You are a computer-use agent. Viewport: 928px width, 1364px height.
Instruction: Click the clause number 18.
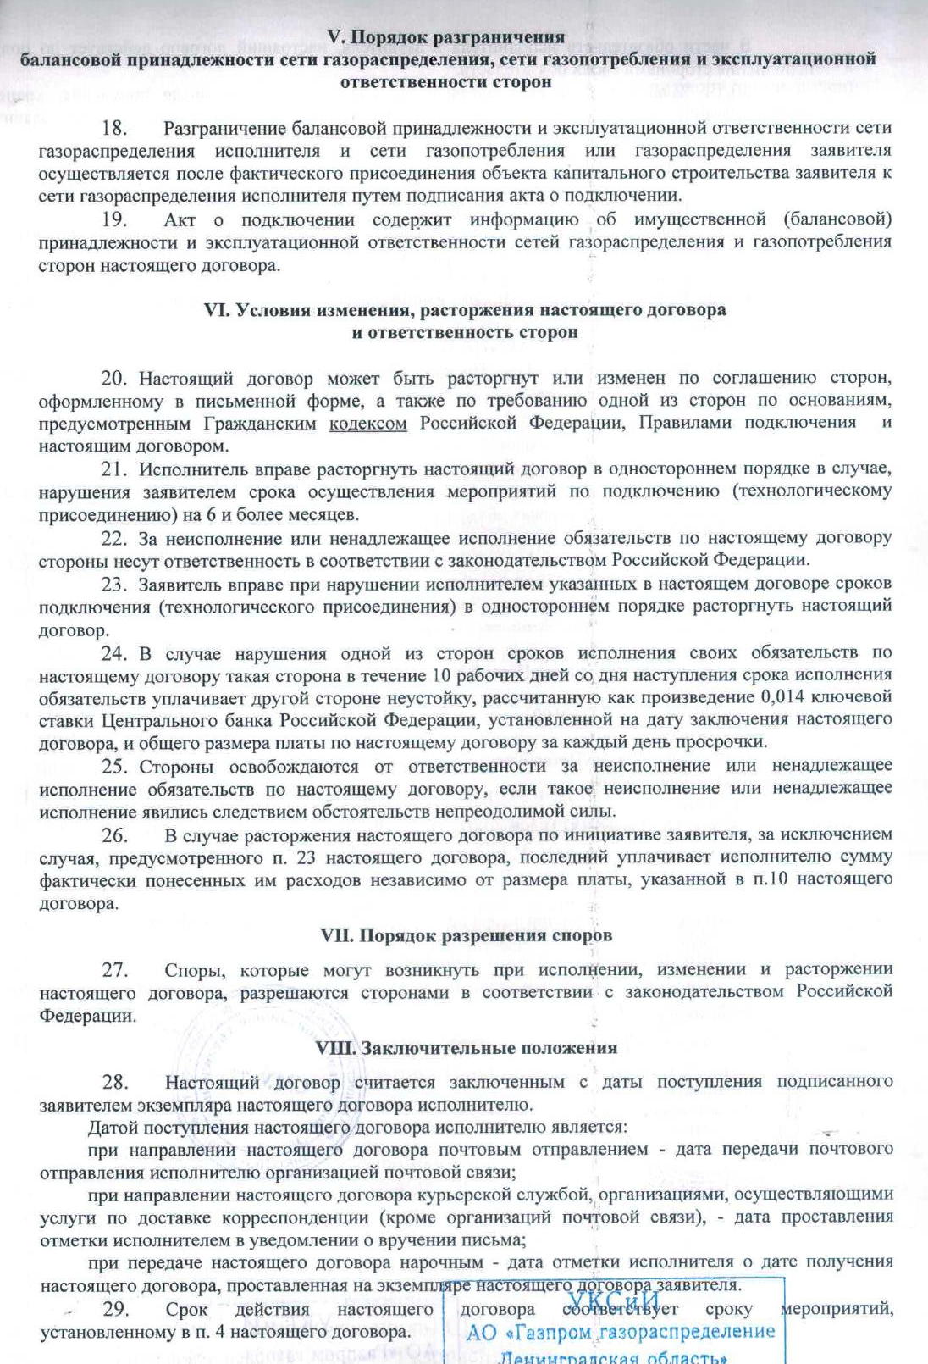click(x=114, y=129)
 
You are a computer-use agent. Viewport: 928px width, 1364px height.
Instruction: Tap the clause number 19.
click(x=114, y=220)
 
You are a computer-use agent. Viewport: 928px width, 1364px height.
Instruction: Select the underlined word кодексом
click(x=367, y=423)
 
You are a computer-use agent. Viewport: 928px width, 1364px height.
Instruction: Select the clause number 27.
click(x=114, y=970)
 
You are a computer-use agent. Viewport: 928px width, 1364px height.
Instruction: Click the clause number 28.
click(x=114, y=1082)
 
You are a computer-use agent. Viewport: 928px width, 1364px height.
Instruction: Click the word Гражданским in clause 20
click(x=260, y=423)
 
